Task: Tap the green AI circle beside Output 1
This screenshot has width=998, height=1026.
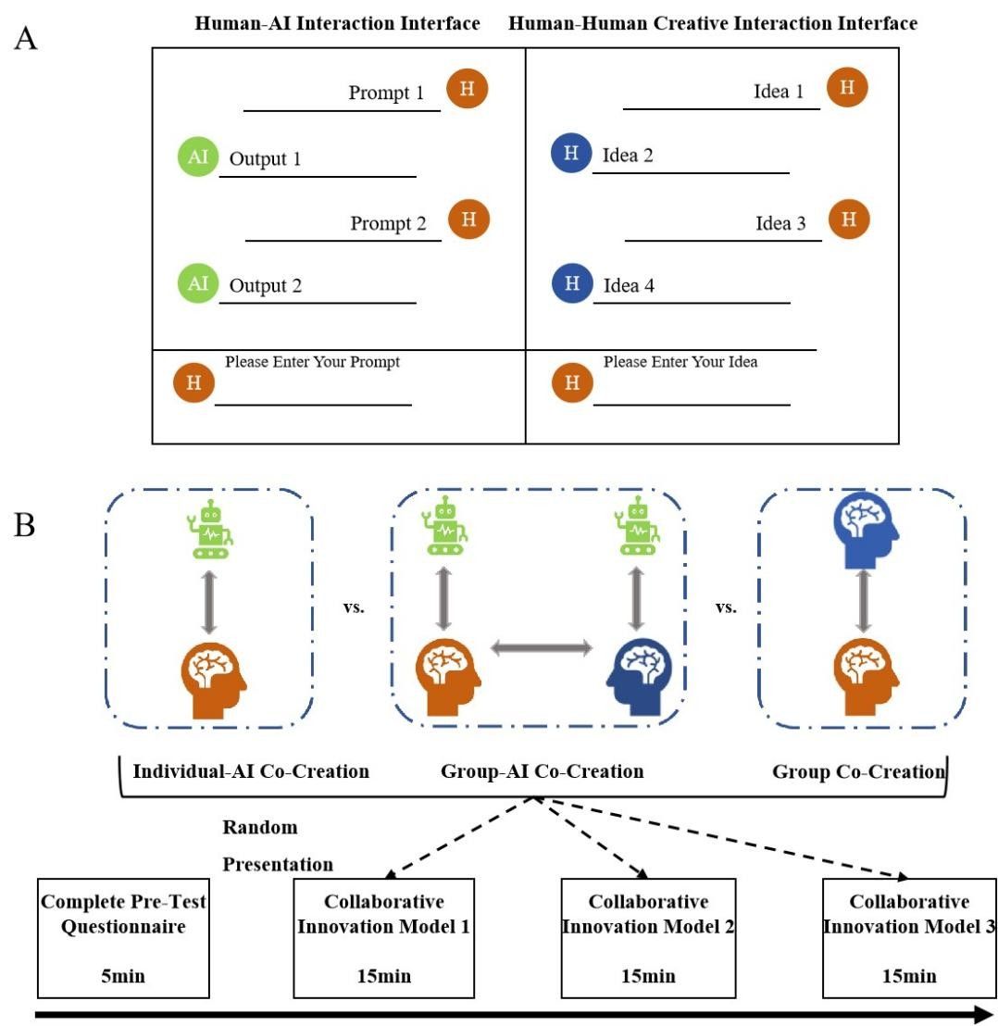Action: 198,156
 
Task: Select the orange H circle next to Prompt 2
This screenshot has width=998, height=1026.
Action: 468,219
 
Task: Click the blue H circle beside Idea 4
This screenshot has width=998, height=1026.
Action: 571,282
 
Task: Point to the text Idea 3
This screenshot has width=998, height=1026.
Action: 780,223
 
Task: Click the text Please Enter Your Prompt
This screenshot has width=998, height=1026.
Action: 312,362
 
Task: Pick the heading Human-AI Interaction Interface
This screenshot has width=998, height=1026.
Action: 337,24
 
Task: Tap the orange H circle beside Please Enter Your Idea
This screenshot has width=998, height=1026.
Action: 572,382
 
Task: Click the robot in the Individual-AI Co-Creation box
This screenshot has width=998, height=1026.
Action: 212,530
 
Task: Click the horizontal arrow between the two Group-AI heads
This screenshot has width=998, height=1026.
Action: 541,649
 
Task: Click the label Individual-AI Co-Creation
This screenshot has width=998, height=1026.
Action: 251,771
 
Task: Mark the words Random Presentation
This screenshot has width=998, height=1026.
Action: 277,845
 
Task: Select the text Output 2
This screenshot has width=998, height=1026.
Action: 266,286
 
